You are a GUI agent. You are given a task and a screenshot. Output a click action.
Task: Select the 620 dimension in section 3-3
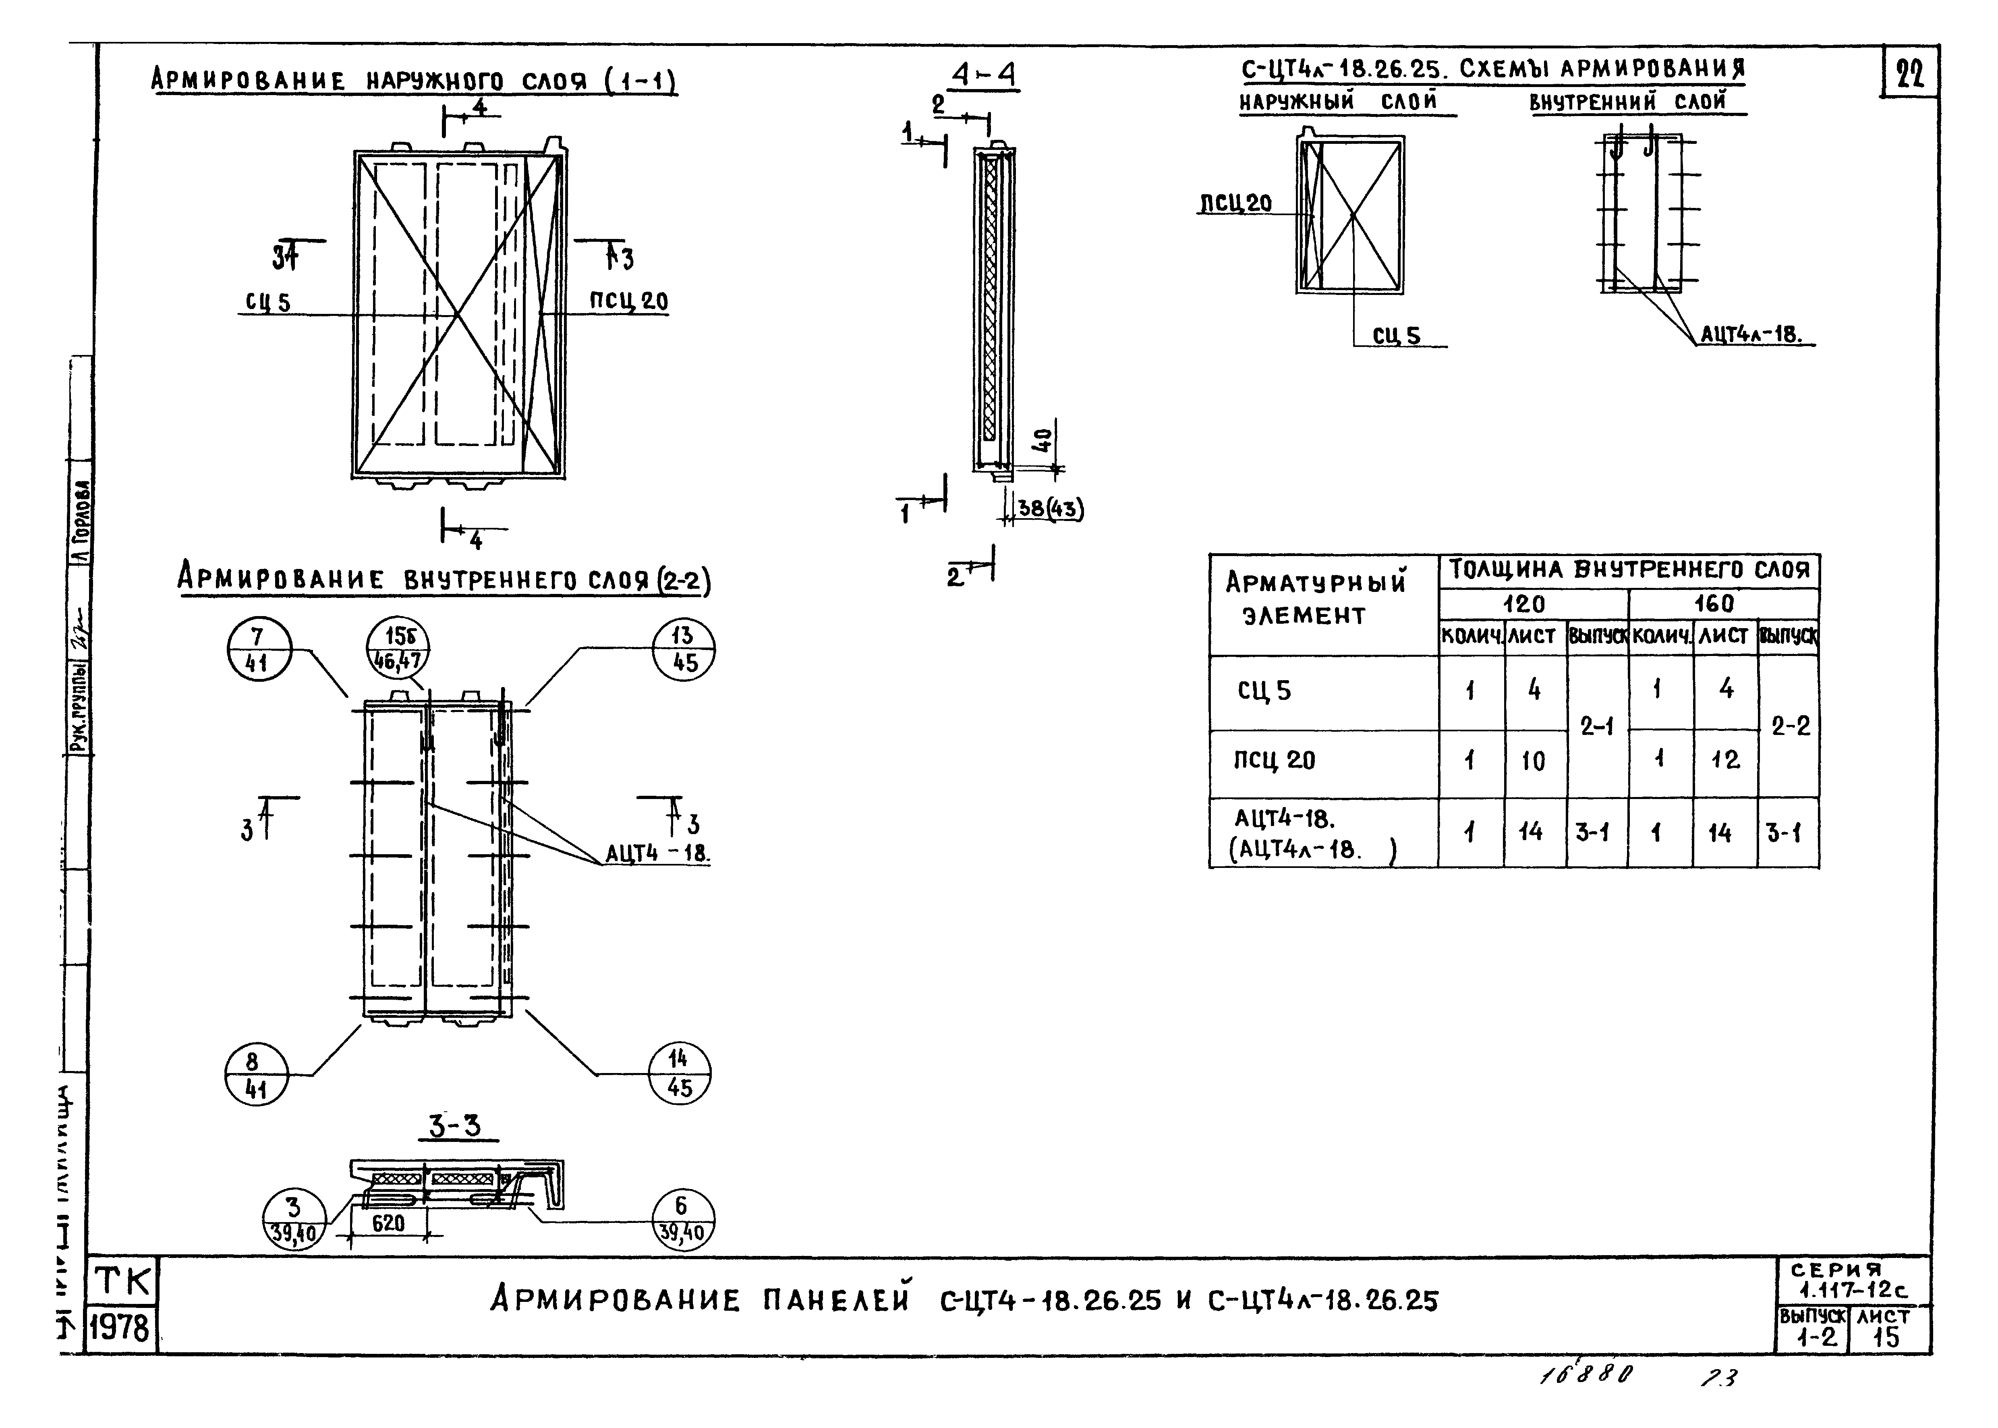point(388,1223)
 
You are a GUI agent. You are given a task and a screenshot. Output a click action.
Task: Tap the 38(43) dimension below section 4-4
point(1049,509)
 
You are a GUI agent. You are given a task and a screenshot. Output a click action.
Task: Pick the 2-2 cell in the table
point(1790,726)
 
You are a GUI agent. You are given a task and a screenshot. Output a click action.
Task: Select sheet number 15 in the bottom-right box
point(1886,1337)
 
